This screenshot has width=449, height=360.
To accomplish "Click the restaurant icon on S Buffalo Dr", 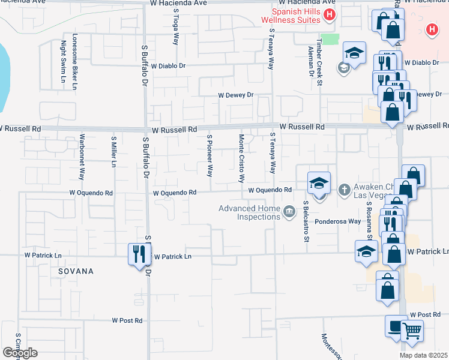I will pyautogui.click(x=136, y=254).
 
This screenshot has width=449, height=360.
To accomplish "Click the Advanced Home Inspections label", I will pyautogui.click(x=250, y=212).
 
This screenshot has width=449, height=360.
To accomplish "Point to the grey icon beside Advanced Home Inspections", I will pyautogui.click(x=289, y=211).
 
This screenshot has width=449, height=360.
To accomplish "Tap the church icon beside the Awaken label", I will pyautogui.click(x=344, y=190).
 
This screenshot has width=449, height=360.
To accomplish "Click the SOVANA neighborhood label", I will pyautogui.click(x=76, y=271).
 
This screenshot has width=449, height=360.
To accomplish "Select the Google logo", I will pyautogui.click(x=20, y=353).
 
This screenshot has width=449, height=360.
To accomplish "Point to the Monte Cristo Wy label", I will pyautogui.click(x=242, y=158).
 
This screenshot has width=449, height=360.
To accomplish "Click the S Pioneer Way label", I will pyautogui.click(x=209, y=155).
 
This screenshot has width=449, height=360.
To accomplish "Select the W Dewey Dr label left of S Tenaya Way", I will pyautogui.click(x=236, y=95).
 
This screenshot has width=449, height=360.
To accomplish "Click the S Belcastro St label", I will pyautogui.click(x=306, y=222).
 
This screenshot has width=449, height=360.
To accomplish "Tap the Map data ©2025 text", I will pyautogui.click(x=424, y=355).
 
